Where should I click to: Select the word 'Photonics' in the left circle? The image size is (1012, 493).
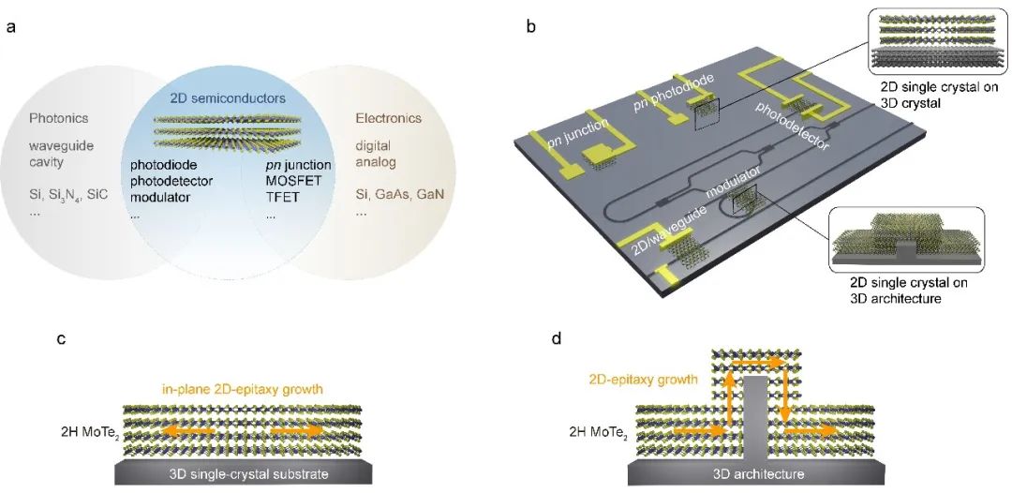tap(58, 119)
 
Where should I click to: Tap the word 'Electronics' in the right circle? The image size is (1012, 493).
tap(388, 119)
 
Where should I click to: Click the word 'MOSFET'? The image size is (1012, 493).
tap(291, 181)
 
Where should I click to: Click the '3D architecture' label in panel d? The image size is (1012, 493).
tap(759, 474)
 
